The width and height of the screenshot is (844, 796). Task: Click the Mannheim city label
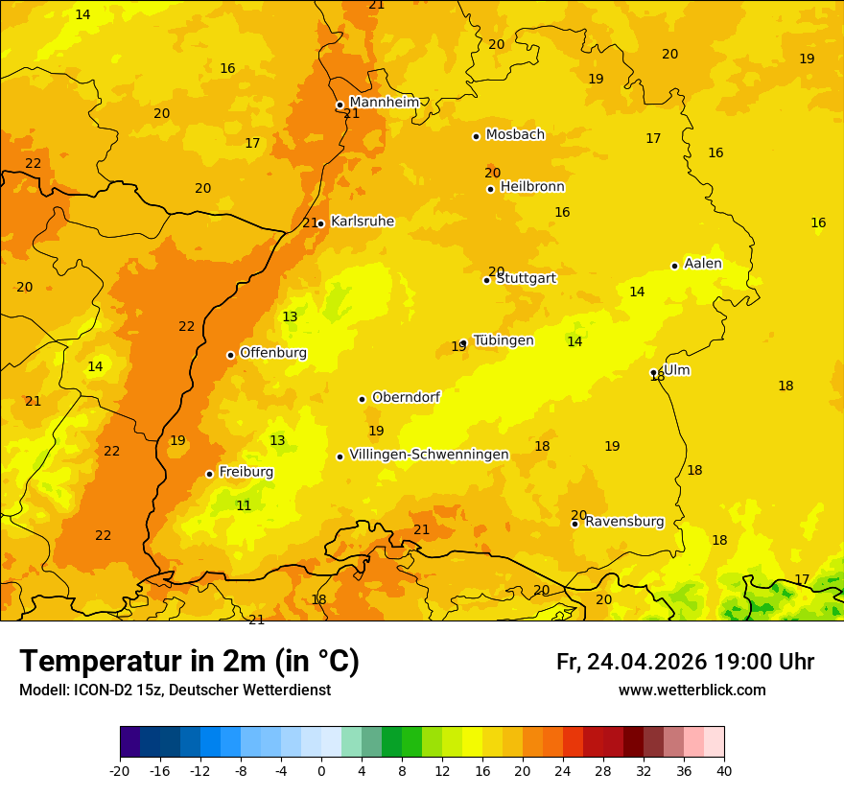pos(384,103)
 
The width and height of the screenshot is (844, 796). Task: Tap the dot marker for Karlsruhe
pos(320,223)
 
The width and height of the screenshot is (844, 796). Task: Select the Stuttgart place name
pos(526,278)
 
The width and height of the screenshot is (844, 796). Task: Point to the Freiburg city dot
pos(209,474)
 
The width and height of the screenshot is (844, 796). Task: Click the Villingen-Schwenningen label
pos(429,455)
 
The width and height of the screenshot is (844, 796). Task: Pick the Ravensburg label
pos(624,522)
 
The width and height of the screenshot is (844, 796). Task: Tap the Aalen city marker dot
pos(674,266)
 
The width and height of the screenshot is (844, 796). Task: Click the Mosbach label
pos(515,134)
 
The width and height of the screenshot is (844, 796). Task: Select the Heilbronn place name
pos(532,187)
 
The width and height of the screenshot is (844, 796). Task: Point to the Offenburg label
pos(273,353)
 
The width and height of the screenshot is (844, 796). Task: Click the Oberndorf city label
pos(406,397)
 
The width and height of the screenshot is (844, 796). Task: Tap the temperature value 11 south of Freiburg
pos(244,505)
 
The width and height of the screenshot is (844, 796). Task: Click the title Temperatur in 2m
pos(189,662)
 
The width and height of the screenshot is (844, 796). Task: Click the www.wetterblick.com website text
pos(692,690)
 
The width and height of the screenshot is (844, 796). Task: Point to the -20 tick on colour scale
pos(120,770)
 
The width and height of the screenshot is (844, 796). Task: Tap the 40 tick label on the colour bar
pos(724,770)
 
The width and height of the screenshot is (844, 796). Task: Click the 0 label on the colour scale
pos(321,770)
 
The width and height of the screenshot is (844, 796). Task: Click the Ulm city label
pos(676,370)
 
